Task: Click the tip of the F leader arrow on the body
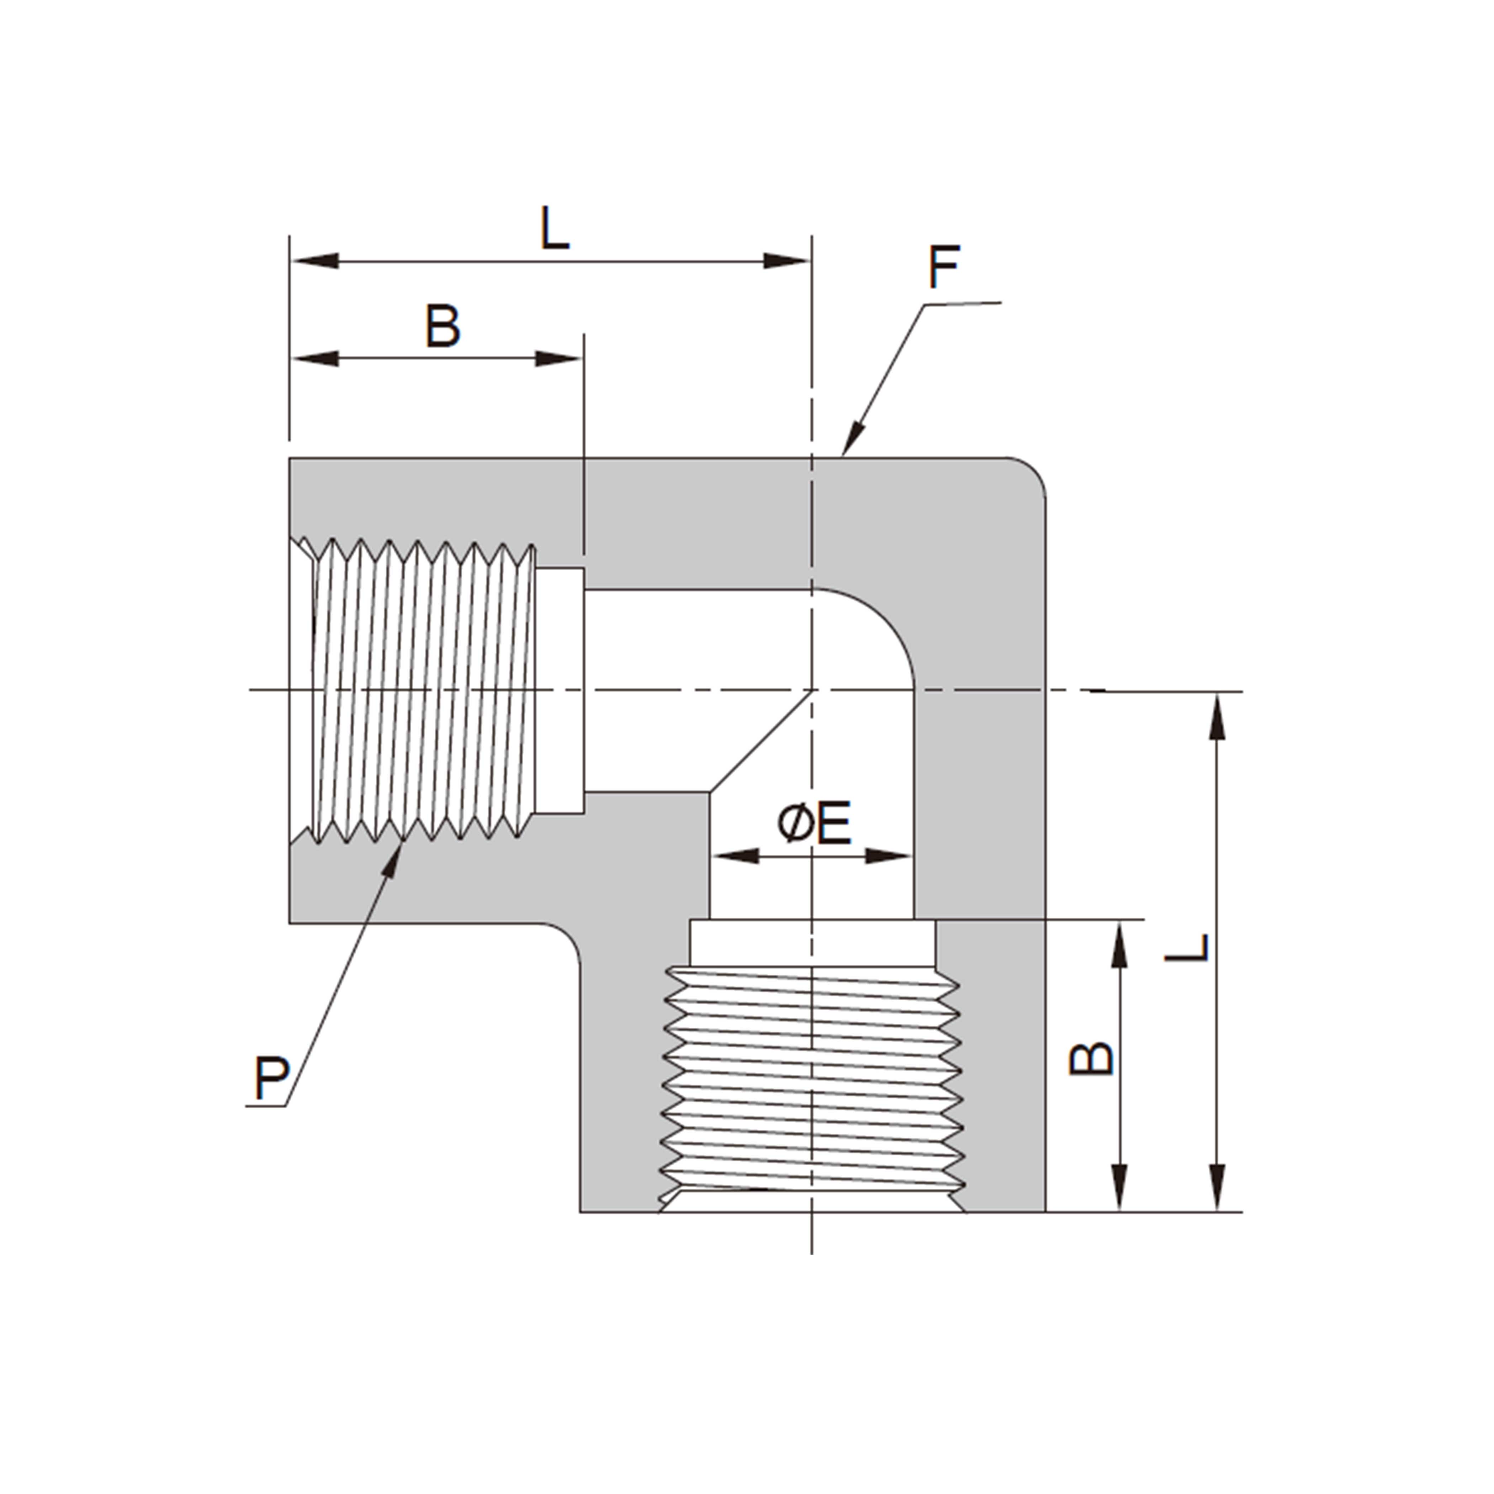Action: pyautogui.click(x=842, y=456)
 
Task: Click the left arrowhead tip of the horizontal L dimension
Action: pyautogui.click(x=291, y=261)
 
